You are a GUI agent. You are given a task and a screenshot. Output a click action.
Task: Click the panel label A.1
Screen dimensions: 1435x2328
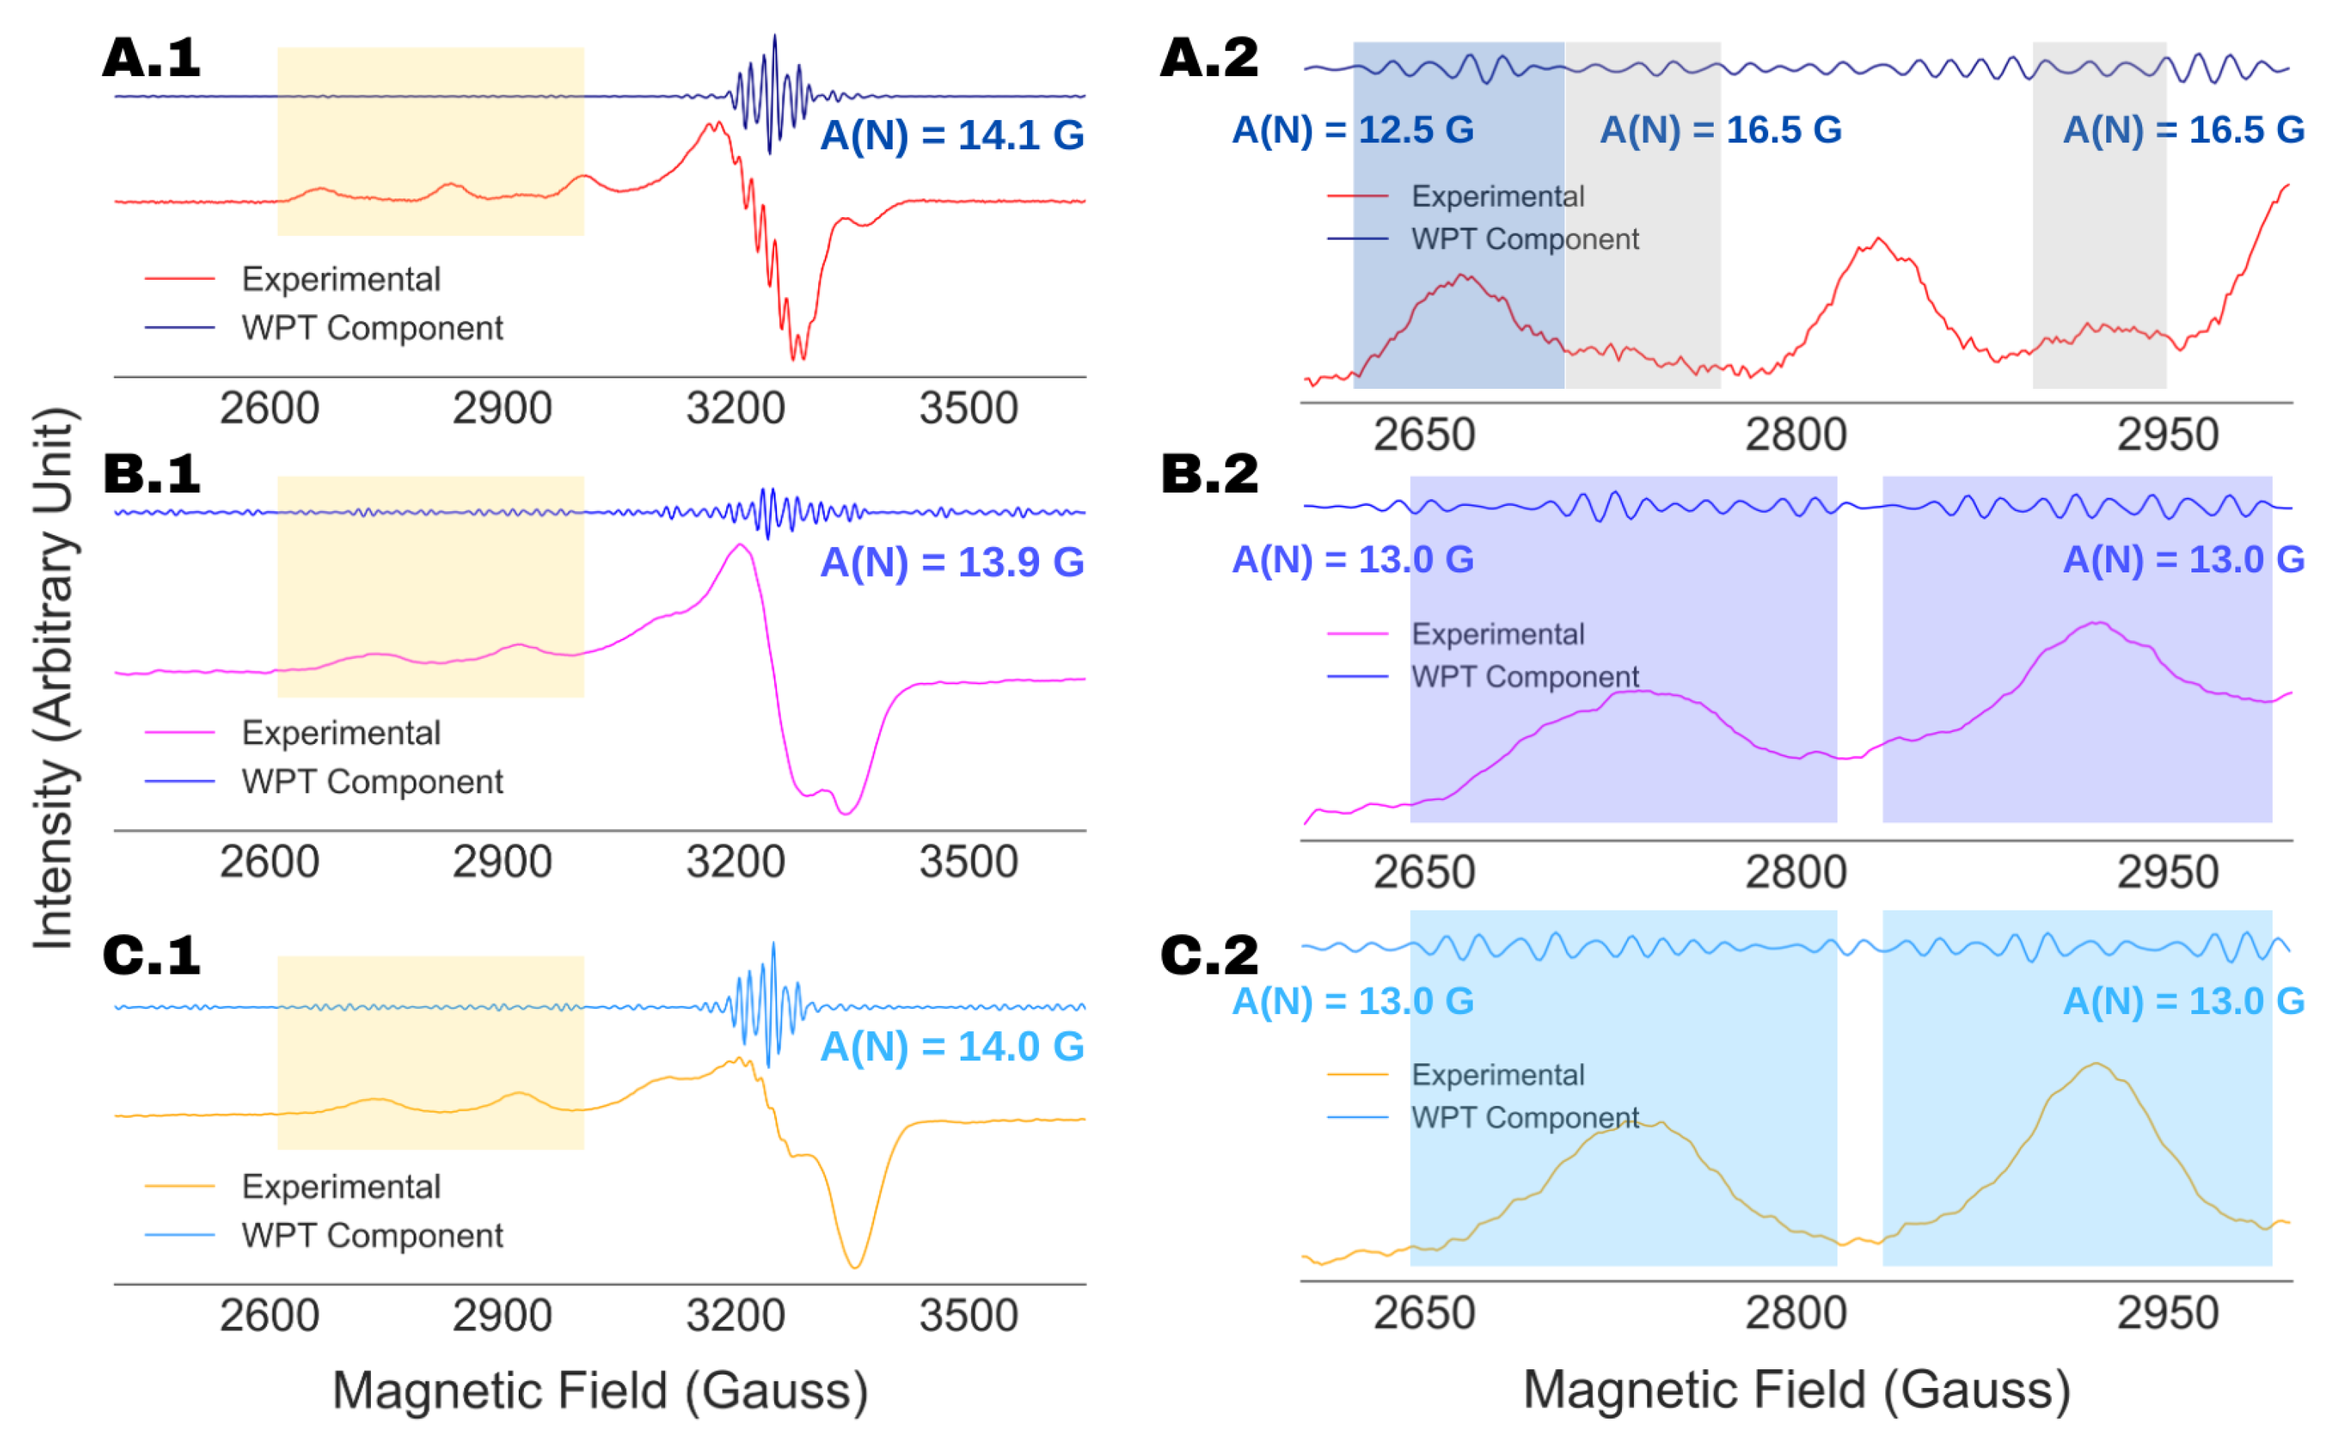[x=151, y=59]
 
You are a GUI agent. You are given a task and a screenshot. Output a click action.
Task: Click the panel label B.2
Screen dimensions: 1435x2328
[x=1209, y=474]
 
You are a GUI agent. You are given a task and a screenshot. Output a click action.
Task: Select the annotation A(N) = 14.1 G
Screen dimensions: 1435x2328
[x=952, y=135]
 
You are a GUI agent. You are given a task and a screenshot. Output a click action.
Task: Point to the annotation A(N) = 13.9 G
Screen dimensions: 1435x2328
[x=952, y=562]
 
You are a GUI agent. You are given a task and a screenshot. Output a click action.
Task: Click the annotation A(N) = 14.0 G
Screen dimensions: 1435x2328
[x=952, y=1047]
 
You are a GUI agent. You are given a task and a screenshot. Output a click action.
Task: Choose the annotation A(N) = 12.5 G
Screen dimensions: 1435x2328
[x=1352, y=130]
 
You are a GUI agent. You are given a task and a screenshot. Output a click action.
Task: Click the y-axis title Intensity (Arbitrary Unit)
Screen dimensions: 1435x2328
[x=53, y=678]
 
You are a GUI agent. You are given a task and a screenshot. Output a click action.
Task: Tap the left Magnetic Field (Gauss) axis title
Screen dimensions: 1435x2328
[x=600, y=1390]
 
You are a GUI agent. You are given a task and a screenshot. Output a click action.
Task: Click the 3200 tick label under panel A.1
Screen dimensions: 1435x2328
[x=735, y=409]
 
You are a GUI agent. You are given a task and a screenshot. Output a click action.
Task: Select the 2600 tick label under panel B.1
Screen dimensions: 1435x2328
[x=269, y=863]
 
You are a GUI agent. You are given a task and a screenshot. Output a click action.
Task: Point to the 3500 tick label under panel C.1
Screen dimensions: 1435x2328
[x=968, y=1316]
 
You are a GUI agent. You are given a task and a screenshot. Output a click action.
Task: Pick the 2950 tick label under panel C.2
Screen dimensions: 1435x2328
[x=2168, y=1314]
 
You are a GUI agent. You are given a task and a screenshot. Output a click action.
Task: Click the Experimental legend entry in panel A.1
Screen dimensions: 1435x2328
[x=340, y=279]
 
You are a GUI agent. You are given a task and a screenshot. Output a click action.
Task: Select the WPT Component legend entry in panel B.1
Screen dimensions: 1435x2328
[x=372, y=782]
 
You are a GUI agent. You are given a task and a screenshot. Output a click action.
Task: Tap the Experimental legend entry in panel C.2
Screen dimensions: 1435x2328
[x=1497, y=1075]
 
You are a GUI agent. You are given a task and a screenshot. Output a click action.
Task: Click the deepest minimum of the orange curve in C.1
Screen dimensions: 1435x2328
[x=855, y=1267]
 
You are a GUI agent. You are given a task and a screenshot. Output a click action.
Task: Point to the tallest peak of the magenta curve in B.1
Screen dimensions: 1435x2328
[x=740, y=545]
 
